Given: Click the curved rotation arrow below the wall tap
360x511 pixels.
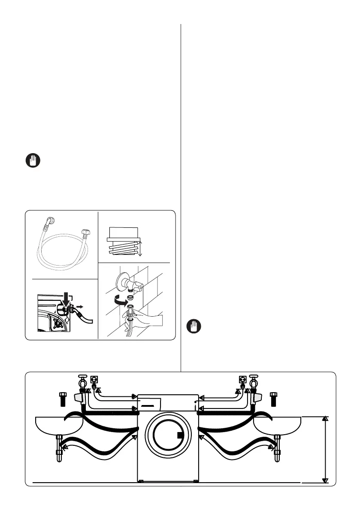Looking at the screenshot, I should coord(121,302).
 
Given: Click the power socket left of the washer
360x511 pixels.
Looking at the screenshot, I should coord(95,380).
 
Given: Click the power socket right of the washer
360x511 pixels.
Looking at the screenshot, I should coord(242,380).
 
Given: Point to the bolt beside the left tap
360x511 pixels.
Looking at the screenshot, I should coord(63,398).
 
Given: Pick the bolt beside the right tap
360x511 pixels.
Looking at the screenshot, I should coord(273,398).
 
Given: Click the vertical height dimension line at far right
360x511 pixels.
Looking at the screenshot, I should coord(325,449).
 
